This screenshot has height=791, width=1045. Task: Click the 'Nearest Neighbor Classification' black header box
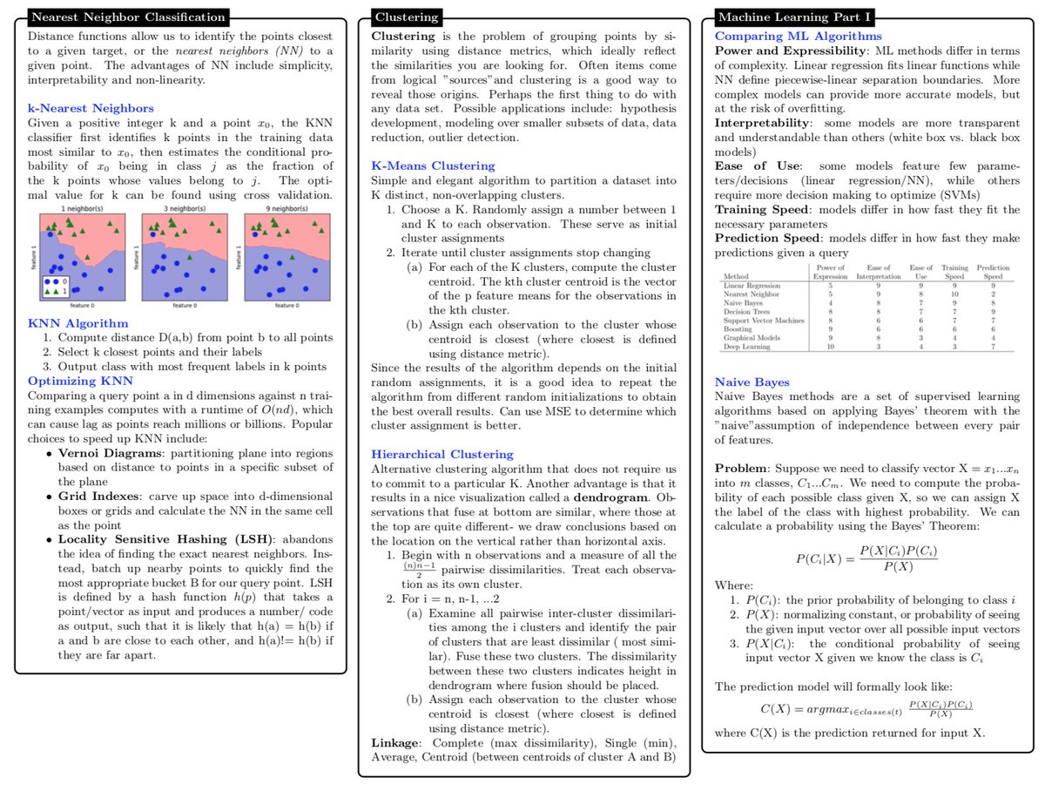click(x=129, y=17)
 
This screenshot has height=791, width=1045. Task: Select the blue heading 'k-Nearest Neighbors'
click(x=91, y=108)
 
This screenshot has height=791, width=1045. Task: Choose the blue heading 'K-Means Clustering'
click(x=433, y=166)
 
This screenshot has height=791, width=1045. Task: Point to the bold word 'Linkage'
click(x=395, y=742)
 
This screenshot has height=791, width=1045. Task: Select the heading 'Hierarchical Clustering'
click(x=442, y=454)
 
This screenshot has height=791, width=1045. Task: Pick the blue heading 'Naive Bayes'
click(x=752, y=382)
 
